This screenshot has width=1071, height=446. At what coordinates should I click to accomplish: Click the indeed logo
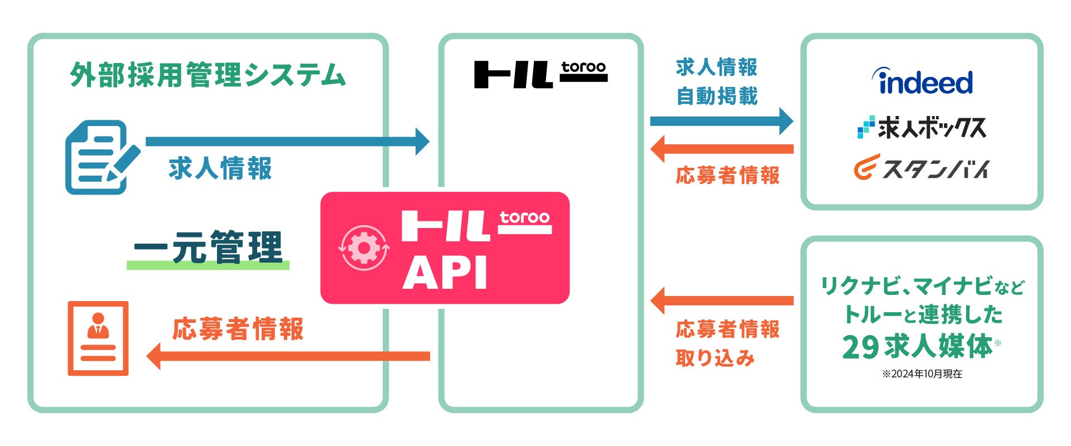923,82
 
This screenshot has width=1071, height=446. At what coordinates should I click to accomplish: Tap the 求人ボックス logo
922,128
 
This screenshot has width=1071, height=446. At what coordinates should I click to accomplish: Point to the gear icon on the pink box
364,248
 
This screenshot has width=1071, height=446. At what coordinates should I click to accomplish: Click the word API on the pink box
445,273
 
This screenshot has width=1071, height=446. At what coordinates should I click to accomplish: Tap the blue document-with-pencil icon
102,157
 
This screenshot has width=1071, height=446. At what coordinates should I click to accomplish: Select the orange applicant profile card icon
98,338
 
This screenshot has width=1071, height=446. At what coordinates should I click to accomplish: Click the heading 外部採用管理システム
208,75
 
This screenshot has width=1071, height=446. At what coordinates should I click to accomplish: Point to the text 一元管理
208,247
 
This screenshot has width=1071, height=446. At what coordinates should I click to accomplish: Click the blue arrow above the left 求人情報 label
287,142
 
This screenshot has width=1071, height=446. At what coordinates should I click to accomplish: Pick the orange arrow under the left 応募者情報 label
287,356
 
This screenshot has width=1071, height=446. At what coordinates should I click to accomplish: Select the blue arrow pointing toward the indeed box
721,121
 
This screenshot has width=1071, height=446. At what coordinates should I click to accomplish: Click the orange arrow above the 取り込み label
721,301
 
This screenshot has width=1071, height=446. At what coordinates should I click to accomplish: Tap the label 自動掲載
717,96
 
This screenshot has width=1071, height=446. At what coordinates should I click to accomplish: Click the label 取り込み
715,358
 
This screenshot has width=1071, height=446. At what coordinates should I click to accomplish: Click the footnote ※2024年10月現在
922,374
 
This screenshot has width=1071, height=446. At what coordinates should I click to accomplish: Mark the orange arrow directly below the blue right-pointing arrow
721,149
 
